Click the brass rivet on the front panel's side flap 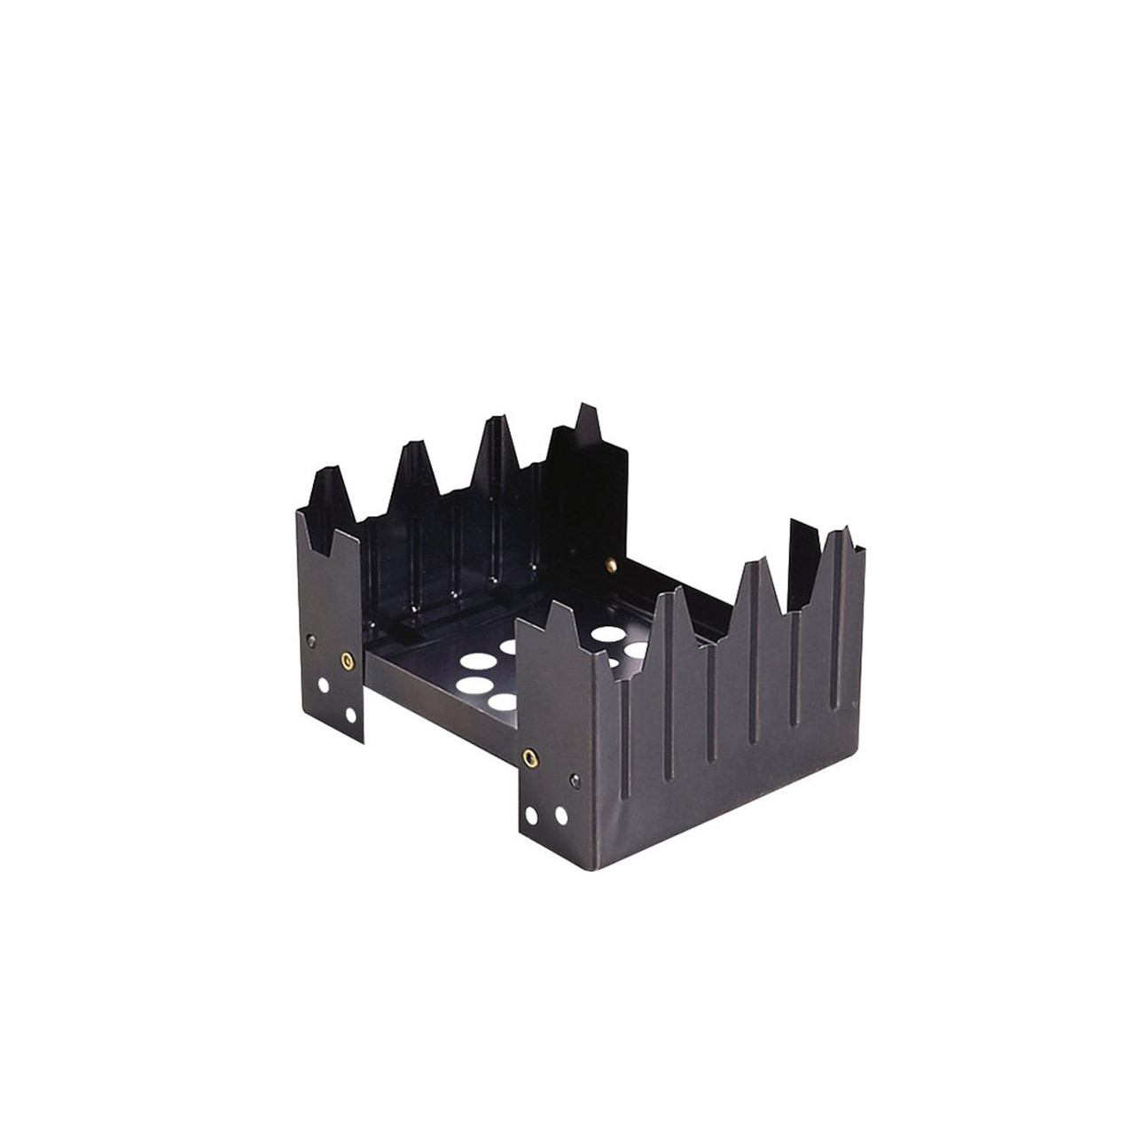[530, 755]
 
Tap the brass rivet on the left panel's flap [345, 660]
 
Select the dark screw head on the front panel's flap [572, 779]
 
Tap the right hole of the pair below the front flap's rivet [560, 814]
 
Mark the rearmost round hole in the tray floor [607, 634]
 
